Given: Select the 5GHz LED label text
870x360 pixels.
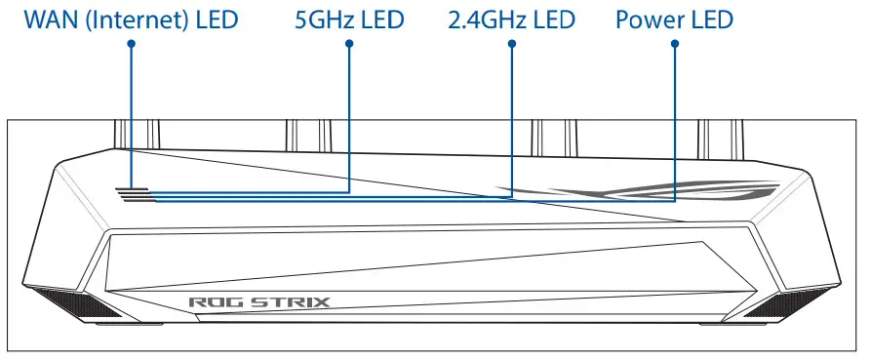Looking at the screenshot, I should tap(348, 20).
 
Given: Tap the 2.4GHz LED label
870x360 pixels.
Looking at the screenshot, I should tap(511, 20).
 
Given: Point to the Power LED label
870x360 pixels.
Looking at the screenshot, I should tap(674, 20).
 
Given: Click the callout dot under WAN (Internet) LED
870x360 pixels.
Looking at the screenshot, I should tap(131, 44).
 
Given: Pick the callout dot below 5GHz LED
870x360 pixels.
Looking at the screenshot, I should tap(349, 44).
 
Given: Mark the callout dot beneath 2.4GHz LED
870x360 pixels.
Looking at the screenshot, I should tap(511, 44).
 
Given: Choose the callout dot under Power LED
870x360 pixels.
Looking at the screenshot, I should tap(675, 44).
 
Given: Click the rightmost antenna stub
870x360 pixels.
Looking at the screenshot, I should tap(717, 133).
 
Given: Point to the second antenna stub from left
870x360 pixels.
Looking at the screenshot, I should tap(303, 133).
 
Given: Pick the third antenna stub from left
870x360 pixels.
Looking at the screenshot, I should tap(551, 133).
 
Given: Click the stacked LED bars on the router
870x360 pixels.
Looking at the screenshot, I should tap(135, 195).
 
